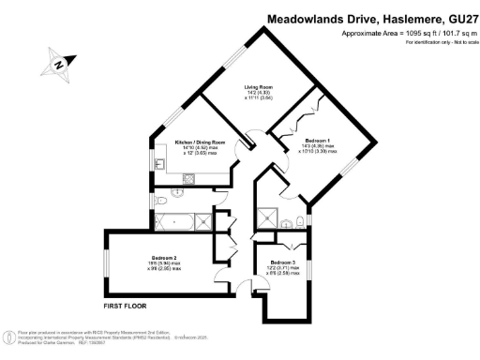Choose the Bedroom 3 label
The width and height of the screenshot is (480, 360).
point(282,262)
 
